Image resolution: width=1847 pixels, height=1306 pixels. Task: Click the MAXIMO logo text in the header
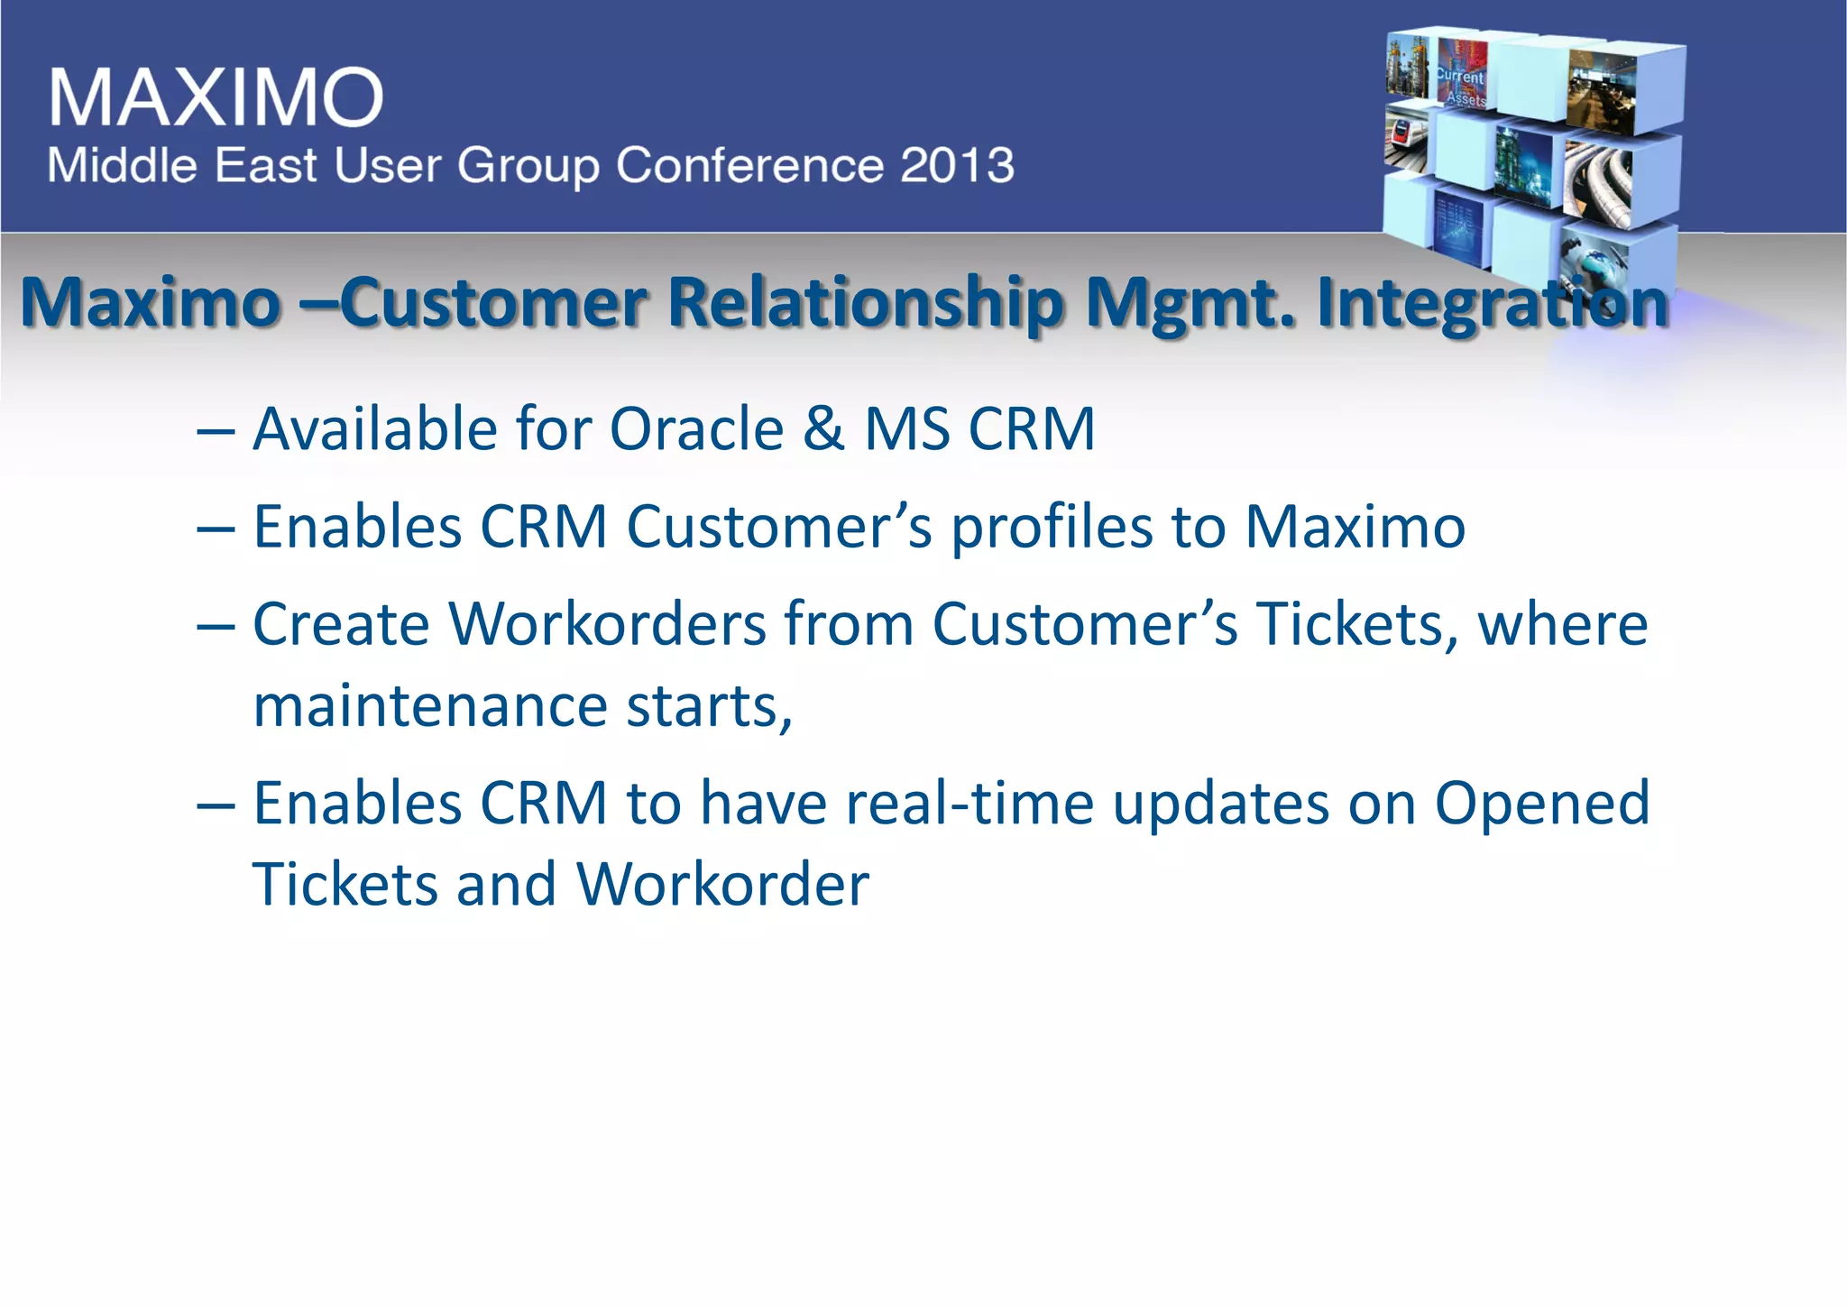point(216,97)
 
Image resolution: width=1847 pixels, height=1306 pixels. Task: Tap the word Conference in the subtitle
point(749,166)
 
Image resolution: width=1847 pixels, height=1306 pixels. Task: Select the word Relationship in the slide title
point(866,302)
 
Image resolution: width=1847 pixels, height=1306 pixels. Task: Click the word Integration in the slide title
point(1493,302)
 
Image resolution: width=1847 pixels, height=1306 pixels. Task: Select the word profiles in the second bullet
point(1052,527)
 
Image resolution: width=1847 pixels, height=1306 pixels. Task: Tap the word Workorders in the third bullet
point(607,624)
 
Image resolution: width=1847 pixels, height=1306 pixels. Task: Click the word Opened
point(1542,804)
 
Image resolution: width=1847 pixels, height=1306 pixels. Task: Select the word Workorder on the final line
point(722,885)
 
